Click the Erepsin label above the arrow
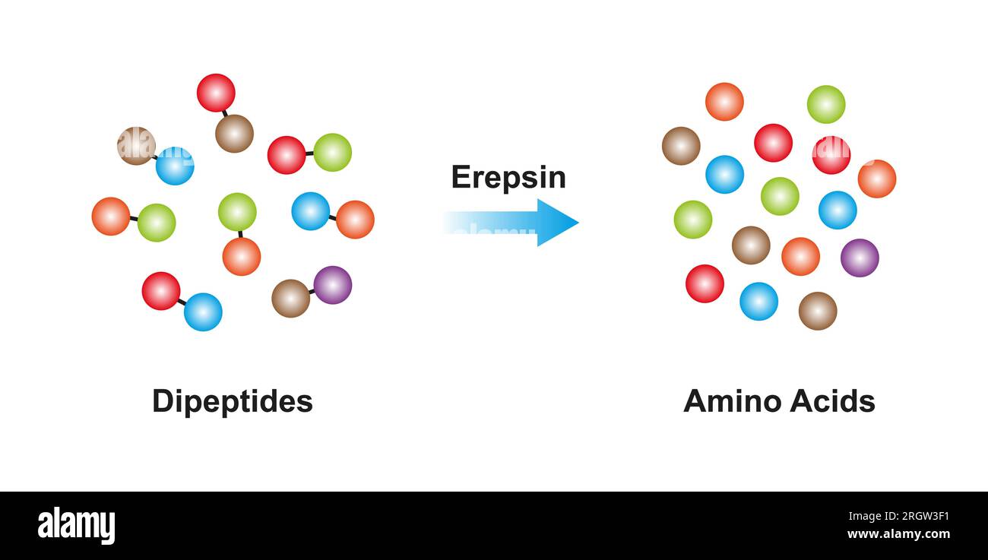(x=508, y=177)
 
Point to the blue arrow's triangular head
(x=557, y=223)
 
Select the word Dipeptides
(x=232, y=400)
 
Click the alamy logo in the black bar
(x=76, y=526)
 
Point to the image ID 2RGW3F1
(x=915, y=517)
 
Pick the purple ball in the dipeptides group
(x=332, y=285)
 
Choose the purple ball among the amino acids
(x=860, y=258)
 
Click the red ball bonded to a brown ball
(x=216, y=93)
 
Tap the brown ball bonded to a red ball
(x=234, y=134)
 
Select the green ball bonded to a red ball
(x=332, y=152)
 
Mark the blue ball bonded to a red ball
(x=203, y=312)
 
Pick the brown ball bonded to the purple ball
(x=290, y=298)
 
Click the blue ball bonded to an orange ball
(x=310, y=210)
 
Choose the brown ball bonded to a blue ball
(x=136, y=146)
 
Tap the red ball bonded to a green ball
(x=287, y=155)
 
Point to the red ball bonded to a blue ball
(x=161, y=291)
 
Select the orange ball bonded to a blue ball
(x=355, y=220)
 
